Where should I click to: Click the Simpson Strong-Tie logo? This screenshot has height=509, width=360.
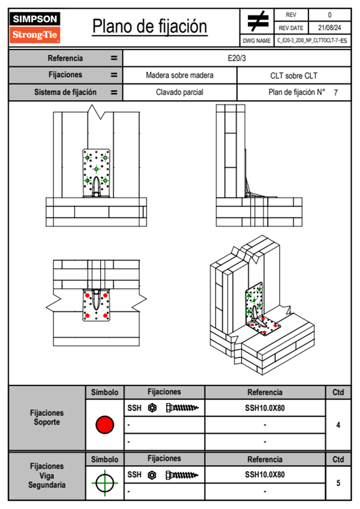point(35,28)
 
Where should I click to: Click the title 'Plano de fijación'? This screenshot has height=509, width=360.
point(150,26)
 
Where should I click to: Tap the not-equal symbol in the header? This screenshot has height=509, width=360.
point(257,21)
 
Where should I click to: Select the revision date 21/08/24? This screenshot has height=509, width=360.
point(329,28)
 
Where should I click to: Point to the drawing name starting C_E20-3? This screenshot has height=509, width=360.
point(312,41)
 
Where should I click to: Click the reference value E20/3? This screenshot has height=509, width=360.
point(237,58)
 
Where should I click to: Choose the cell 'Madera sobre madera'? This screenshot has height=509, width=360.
point(179,75)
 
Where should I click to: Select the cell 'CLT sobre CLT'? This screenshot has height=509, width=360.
point(294,76)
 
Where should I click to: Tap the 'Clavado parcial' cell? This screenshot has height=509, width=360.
point(179,92)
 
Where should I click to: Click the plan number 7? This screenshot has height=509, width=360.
point(335,93)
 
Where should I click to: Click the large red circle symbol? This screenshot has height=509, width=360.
point(105,425)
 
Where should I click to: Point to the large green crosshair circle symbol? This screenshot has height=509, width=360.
point(105,483)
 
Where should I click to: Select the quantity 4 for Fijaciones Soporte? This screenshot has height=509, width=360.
point(338,425)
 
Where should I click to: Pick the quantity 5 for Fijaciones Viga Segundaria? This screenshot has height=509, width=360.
point(338,483)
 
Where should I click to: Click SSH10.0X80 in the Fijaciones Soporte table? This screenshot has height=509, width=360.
point(265,408)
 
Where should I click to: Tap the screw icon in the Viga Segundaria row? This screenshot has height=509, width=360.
point(182,475)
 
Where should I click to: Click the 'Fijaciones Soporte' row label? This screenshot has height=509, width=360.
point(47,417)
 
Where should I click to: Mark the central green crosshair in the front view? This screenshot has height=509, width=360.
point(96,169)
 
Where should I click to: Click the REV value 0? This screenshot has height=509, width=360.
point(329,15)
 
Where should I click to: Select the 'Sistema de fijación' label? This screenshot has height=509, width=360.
point(65,92)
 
